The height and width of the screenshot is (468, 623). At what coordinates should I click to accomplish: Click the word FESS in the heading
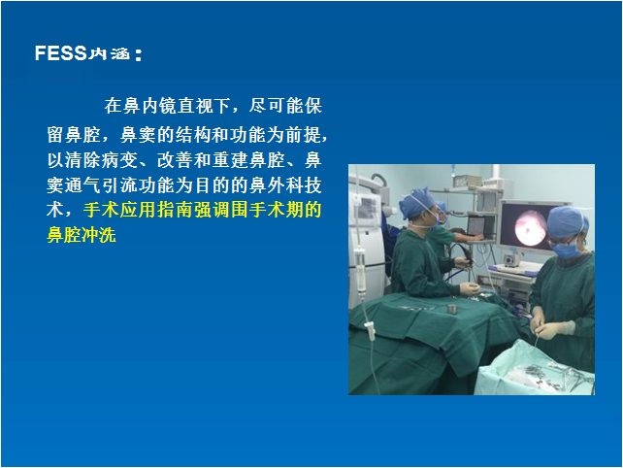pos(60,52)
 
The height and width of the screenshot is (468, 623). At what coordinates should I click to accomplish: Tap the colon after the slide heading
pos(138,55)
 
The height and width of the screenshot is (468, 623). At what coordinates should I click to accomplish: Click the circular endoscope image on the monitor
pos(530,228)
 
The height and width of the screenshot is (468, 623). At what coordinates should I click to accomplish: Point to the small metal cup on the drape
pos(451,308)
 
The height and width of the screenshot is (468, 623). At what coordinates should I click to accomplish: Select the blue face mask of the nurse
pos(568,249)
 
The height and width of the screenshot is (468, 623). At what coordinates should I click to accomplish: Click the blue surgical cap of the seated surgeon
pos(417,203)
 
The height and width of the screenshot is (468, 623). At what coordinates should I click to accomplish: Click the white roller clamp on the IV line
pos(370,331)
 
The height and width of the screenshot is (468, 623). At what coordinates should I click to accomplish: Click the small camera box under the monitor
pos(510,260)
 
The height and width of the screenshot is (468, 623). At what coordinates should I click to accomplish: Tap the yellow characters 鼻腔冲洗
pos(82,235)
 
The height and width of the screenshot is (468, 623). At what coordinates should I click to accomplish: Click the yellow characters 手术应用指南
pos(138,210)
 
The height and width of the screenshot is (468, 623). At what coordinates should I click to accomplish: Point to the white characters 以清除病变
pos(92,160)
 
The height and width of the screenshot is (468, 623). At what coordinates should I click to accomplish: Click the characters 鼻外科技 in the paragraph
pos(285,184)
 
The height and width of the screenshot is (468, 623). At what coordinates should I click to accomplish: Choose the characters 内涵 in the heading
pos(109,53)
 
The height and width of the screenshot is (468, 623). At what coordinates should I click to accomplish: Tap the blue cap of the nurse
pos(568,222)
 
